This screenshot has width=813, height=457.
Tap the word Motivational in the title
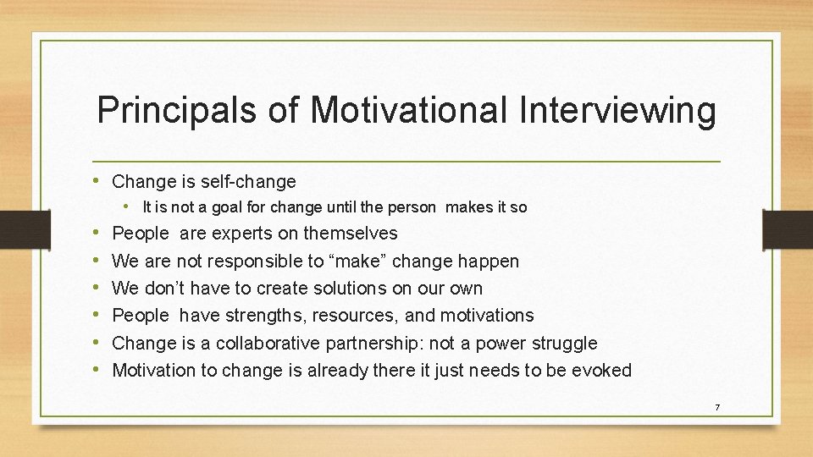(408, 112)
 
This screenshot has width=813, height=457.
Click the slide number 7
(717, 408)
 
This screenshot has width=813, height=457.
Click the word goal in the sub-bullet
(223, 206)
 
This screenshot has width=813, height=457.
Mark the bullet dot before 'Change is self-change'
(102, 181)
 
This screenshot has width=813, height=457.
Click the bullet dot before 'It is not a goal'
(133, 206)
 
